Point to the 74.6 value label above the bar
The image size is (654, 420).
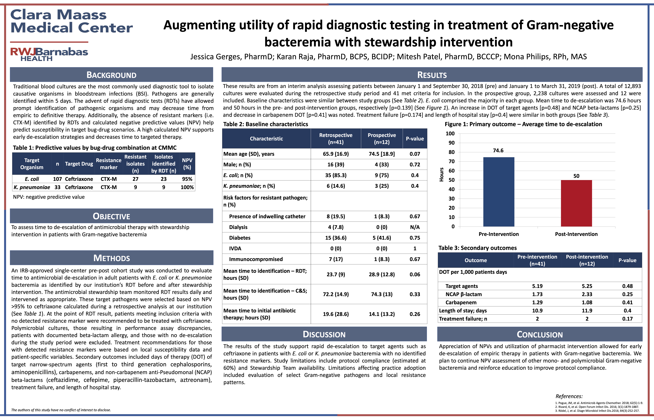click(498, 151)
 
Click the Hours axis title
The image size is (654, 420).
click(441, 175)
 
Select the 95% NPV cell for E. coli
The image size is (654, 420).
click(187, 179)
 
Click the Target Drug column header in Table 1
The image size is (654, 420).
click(79, 164)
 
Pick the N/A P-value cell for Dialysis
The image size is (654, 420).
click(415, 227)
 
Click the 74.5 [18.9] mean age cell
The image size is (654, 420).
click(382, 154)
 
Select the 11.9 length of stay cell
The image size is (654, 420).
click(587, 311)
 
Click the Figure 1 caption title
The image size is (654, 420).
click(523, 124)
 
